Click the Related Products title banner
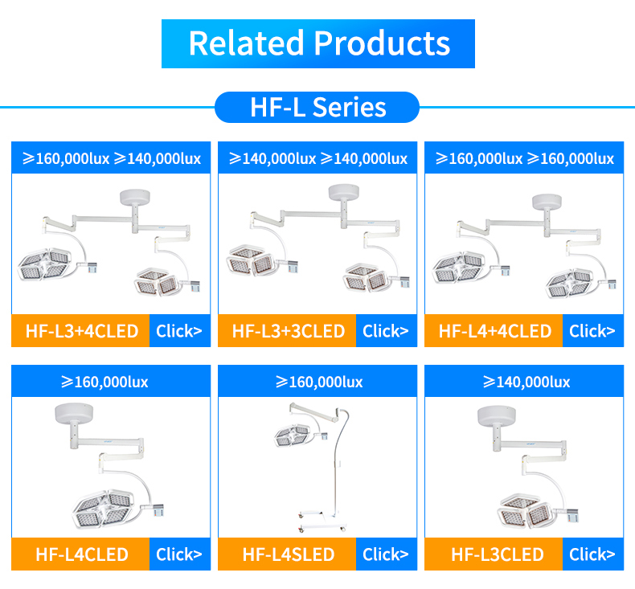pos(318,43)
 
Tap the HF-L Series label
pos(317,107)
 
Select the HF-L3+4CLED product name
pos(81,331)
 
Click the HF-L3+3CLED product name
pos(288,331)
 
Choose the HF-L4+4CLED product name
pos(494,331)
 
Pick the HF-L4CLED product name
pos(81,554)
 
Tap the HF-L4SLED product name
pos(288,554)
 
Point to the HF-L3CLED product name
pos(494,554)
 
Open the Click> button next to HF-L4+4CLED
pos(592,331)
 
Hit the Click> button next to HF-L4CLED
pos(178,554)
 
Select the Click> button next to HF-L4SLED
pos(385,554)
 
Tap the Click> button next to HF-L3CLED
pos(592,554)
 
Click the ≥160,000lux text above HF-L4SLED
pos(318,382)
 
